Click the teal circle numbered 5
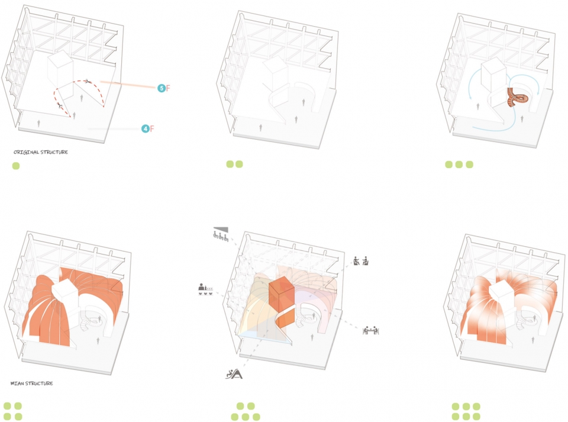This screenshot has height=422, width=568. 162,88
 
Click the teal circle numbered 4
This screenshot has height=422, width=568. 146,128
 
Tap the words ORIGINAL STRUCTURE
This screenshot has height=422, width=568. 41,152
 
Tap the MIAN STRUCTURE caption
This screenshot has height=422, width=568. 31,384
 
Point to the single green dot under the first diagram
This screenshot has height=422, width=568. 16,166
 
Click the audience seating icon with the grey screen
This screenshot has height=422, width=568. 221,234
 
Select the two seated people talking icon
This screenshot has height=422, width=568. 361,261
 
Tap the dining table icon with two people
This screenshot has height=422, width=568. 370,330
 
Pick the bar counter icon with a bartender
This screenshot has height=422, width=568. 205,289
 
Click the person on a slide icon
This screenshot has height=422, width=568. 234,374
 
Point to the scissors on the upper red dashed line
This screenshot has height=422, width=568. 87,82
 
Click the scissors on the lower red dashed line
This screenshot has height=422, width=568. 60,105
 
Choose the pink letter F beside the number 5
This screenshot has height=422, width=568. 168,88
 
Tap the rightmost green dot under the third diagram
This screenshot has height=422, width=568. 469,165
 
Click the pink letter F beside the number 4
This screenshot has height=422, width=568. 152,128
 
